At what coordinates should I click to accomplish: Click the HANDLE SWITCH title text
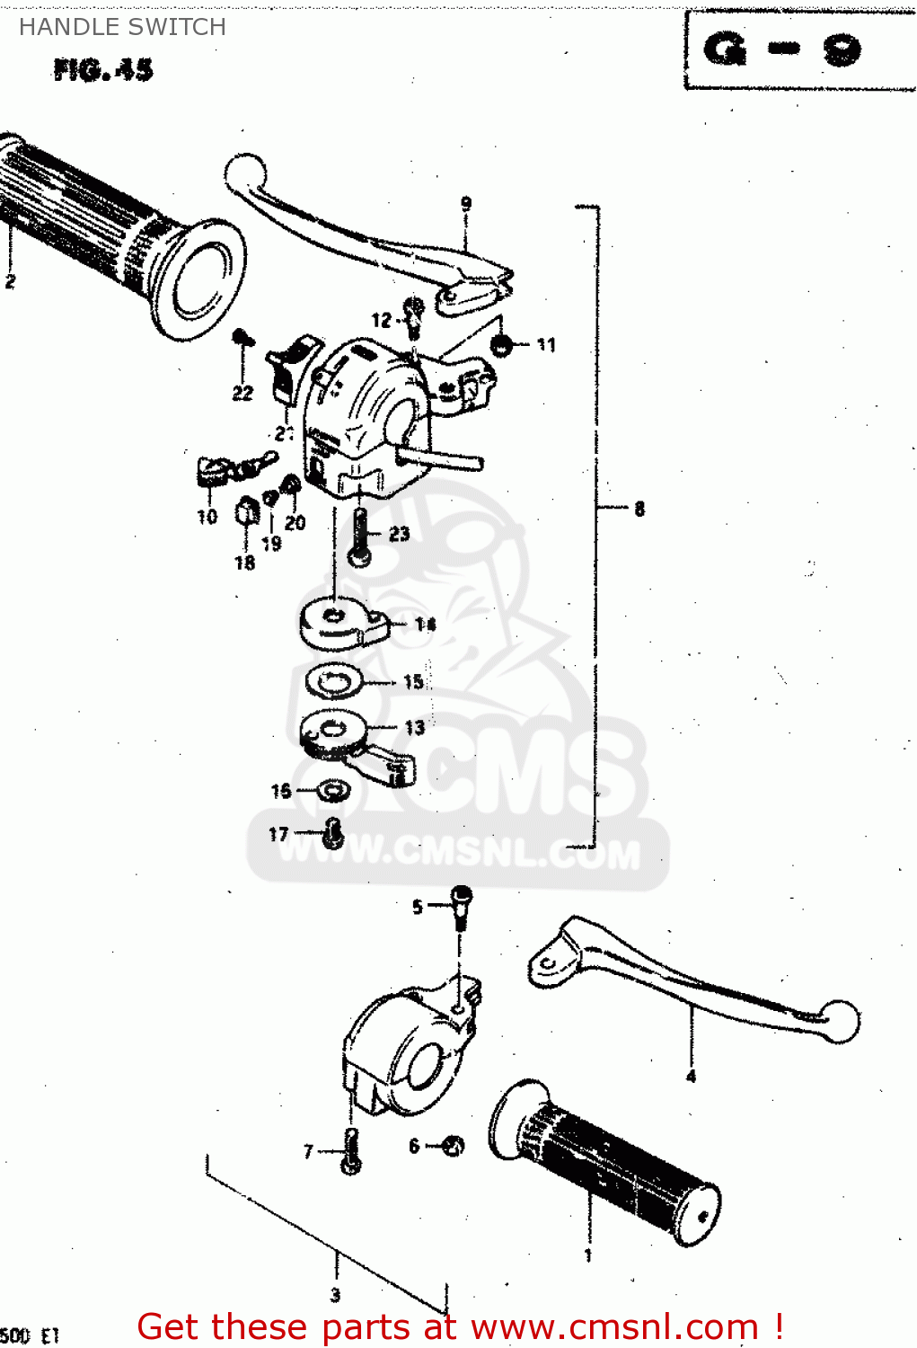tap(122, 27)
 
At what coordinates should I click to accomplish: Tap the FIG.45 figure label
tap(102, 69)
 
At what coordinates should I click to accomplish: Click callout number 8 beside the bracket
tap(639, 509)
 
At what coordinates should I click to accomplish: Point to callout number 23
tap(399, 534)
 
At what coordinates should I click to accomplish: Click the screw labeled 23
tap(360, 537)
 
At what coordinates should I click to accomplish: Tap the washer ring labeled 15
tap(333, 681)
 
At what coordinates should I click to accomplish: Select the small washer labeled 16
tap(334, 791)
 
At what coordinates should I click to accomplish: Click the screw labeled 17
tap(333, 833)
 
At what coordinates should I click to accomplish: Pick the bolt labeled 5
tap(461, 905)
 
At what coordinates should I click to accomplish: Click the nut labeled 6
tap(454, 1146)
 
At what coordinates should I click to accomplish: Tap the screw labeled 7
tap(351, 1151)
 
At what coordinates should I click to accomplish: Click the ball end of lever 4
tap(840, 1022)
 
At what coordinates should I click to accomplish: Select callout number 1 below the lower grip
tap(588, 1255)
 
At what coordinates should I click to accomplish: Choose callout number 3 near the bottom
tap(336, 1295)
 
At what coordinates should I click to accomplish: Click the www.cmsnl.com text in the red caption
tap(614, 1326)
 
